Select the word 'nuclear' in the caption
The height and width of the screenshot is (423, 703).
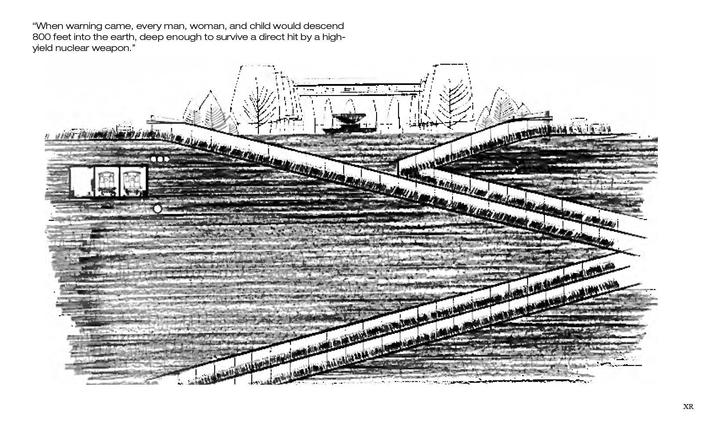[72, 48]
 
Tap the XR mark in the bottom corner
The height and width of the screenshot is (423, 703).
[688, 407]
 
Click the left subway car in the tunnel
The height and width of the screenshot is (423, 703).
[106, 182]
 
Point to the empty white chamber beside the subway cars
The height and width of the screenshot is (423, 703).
[81, 181]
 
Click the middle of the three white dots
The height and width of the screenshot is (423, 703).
[160, 159]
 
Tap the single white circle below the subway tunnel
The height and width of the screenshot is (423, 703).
[157, 209]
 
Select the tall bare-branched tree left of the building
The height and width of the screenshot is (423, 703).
[254, 102]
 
